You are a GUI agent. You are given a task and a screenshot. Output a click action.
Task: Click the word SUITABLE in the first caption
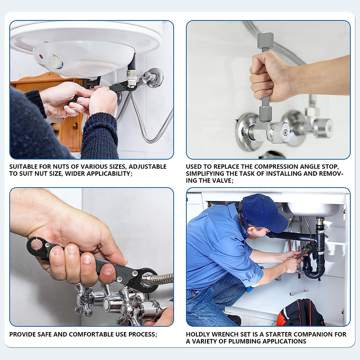(23, 167)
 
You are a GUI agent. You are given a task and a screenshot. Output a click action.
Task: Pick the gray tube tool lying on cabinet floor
(298, 291)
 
